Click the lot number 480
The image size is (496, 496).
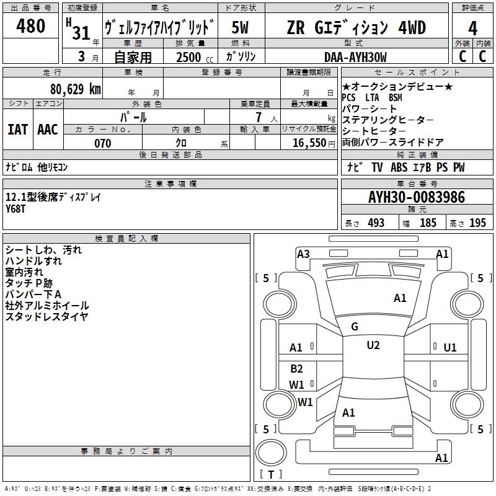30,25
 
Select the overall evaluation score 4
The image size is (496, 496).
472,28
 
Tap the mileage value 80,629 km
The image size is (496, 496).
76,89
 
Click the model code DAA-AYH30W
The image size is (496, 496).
355,57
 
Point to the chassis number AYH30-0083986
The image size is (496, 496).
417,197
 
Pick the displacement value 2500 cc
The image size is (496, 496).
195,57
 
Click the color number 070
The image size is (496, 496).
103,143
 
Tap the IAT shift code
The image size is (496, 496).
17,130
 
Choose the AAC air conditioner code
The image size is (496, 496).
48,130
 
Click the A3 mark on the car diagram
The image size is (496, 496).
303,254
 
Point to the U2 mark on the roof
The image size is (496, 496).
373,345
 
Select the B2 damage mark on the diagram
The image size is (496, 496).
296,368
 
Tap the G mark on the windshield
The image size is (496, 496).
355,327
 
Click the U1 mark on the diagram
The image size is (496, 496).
450,348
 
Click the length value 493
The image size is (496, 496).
376,223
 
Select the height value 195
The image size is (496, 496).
477,223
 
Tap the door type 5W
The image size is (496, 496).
240,27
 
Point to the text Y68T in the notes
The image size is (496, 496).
15,209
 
